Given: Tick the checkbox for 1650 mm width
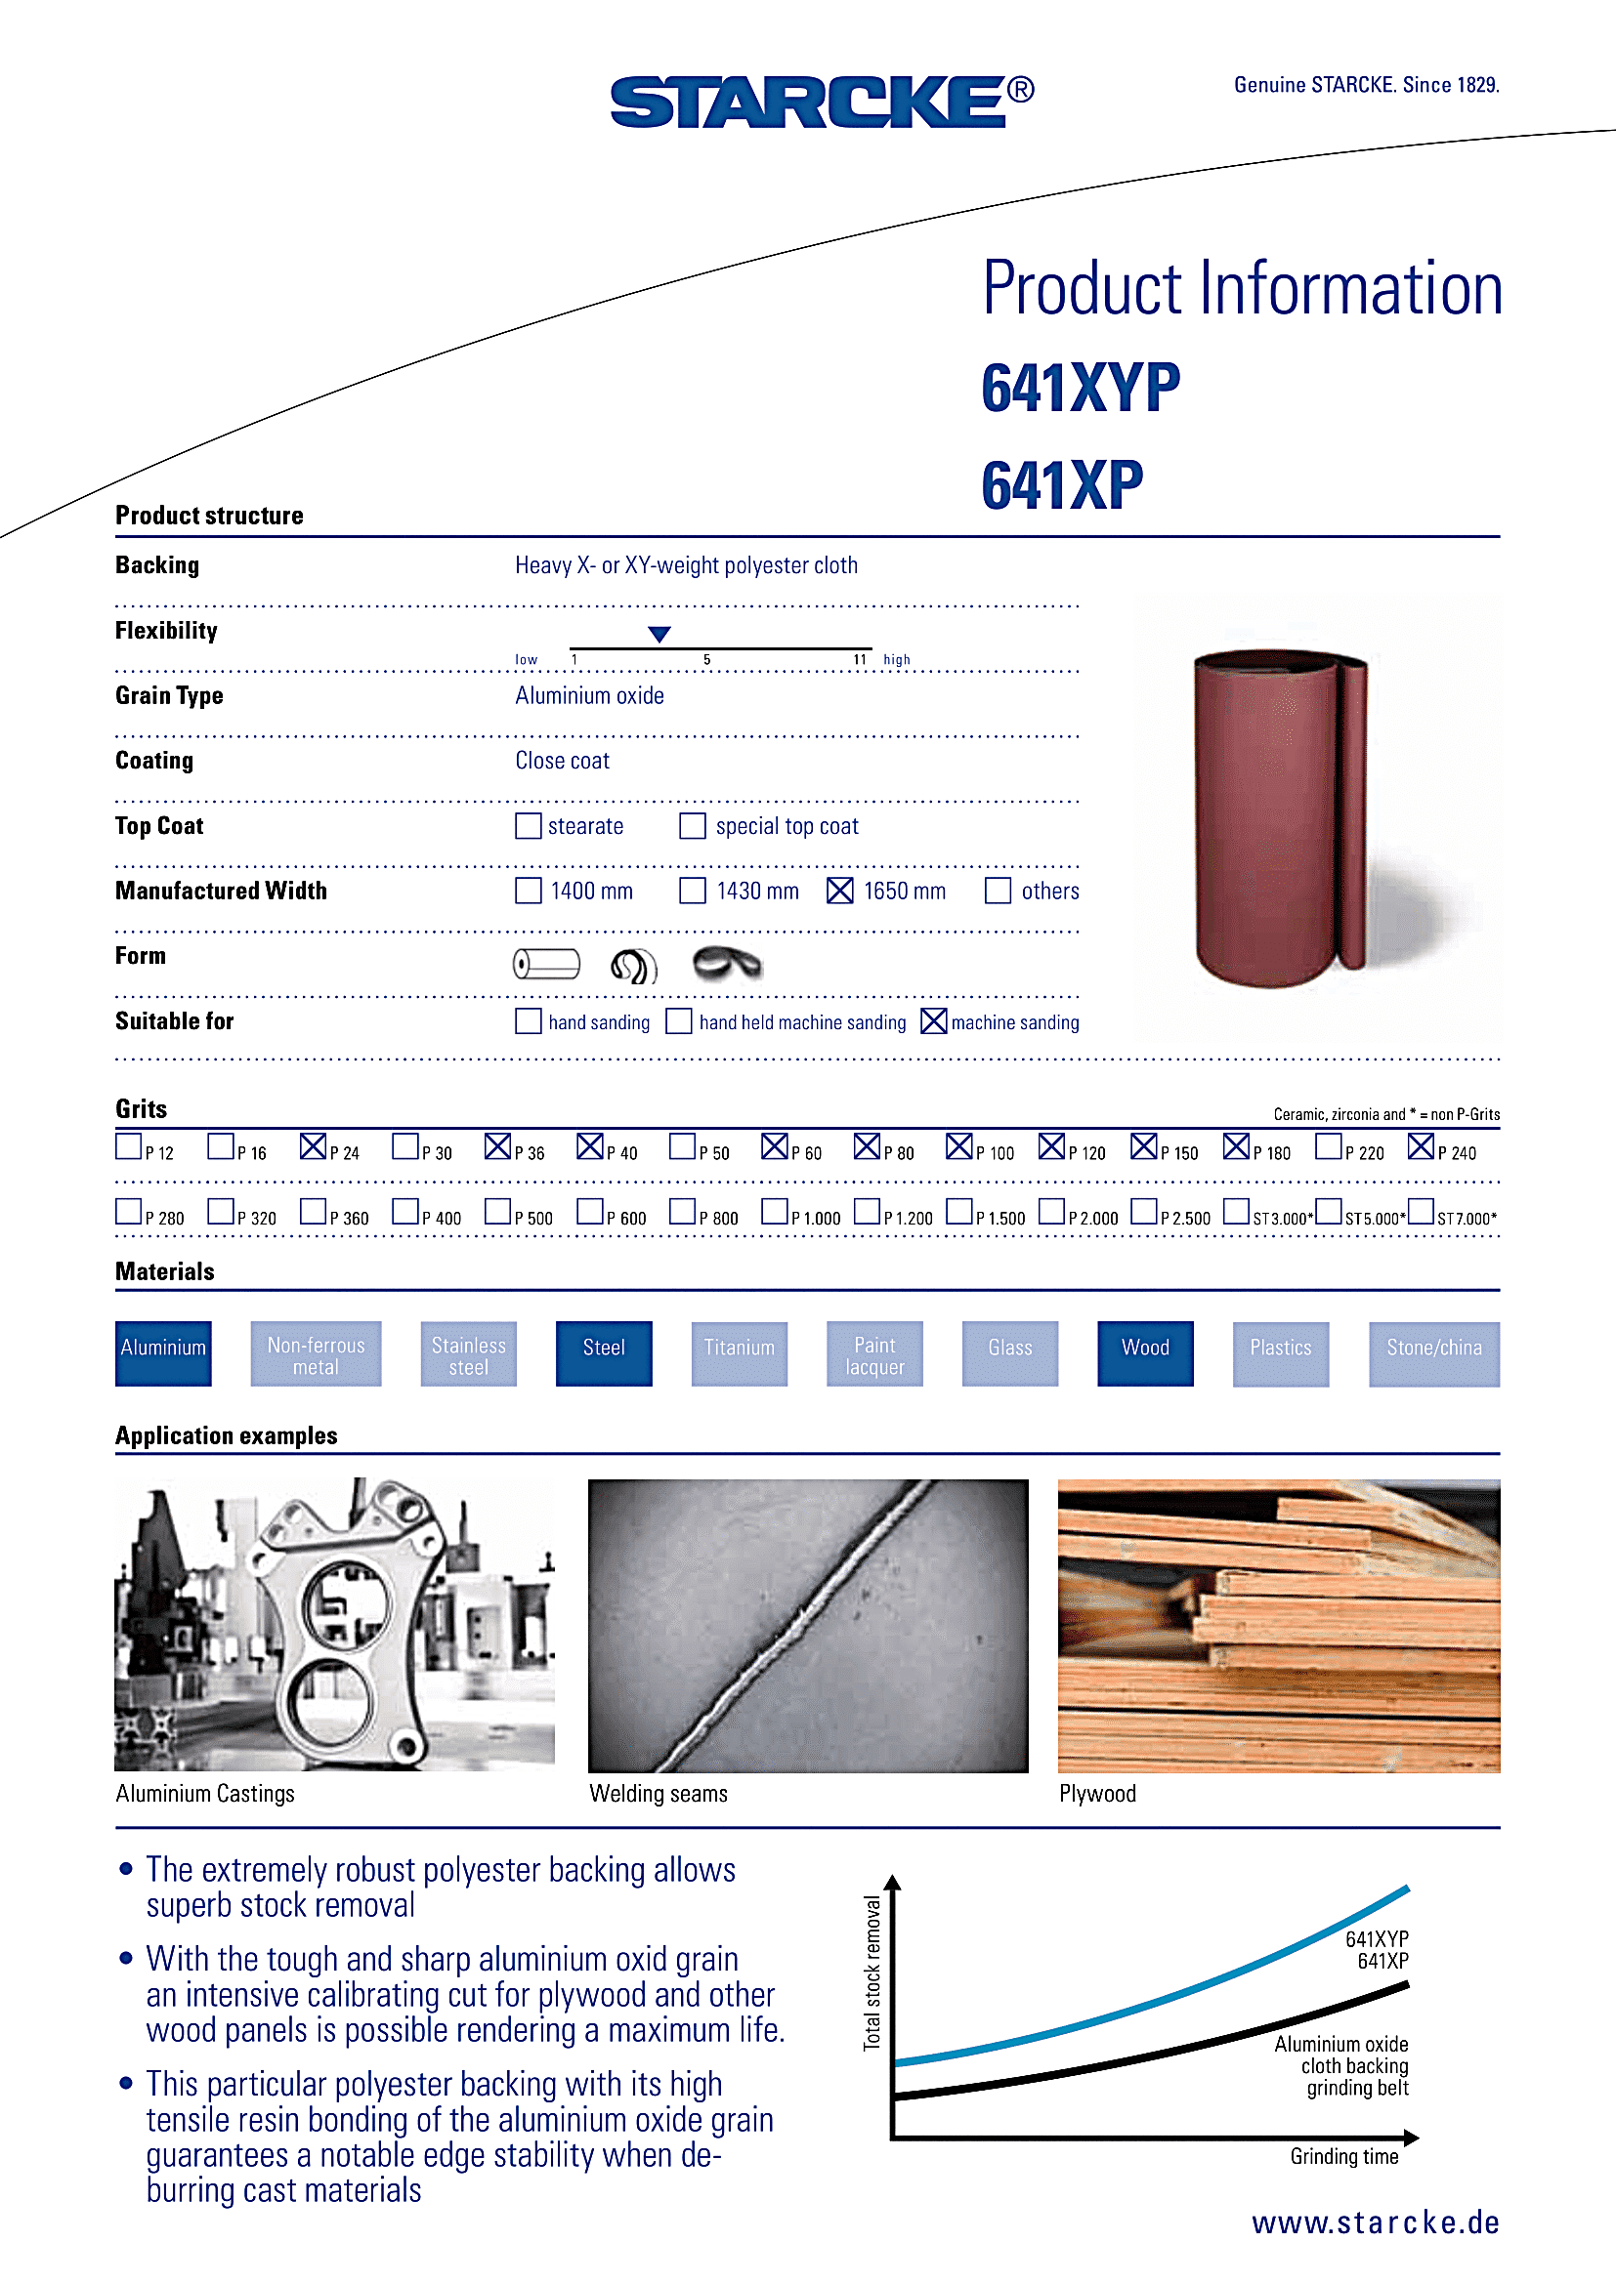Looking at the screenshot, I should click(840, 891).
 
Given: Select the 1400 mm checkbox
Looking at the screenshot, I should click(529, 891).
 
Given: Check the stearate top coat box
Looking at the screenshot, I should click(529, 826).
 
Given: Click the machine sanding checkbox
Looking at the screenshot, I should click(933, 1021).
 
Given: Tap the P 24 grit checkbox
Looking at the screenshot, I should click(313, 1147).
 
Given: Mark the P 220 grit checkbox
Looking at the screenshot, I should click(1328, 1147).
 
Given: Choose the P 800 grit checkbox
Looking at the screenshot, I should click(682, 1212).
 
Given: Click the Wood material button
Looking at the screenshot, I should click(1144, 1352).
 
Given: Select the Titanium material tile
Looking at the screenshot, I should click(740, 1352).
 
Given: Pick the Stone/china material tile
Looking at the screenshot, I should click(1433, 1352).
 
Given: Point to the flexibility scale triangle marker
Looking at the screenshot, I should click(659, 634).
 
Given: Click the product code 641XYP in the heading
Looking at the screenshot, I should click(1081, 388).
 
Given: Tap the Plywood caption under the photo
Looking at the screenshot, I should click(1096, 1794).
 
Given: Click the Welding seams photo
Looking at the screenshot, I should click(808, 1626).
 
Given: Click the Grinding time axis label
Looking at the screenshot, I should click(1343, 2157).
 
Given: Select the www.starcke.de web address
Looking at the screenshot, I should click(1376, 2222).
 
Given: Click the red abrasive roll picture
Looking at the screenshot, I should click(1281, 815).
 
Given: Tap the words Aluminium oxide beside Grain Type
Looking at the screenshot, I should click(589, 696).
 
